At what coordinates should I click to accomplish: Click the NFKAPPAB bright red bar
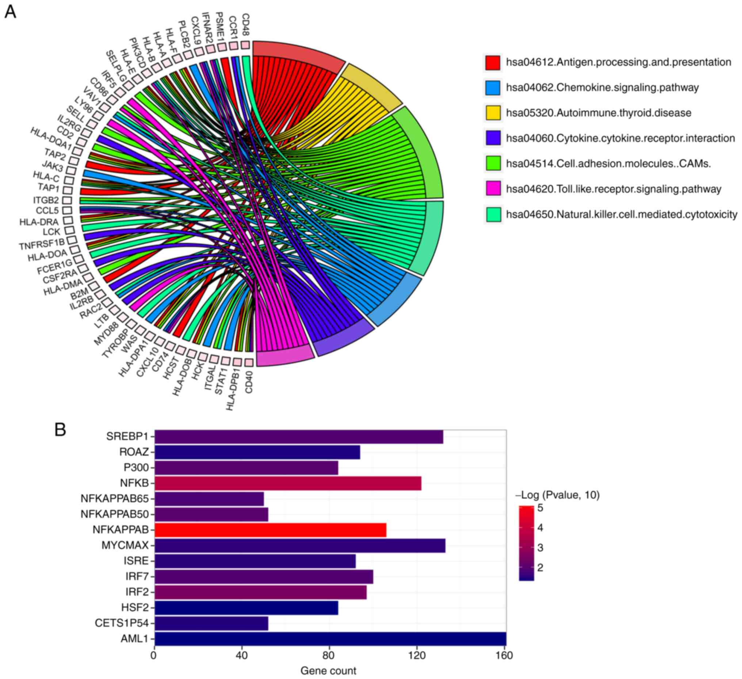coord(271,530)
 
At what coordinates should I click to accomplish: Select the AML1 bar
coord(330,639)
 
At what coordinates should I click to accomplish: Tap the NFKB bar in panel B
coord(288,483)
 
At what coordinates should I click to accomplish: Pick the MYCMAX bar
coord(300,545)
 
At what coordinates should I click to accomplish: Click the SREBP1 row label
coord(127,436)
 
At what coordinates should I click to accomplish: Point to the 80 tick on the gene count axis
coord(329,656)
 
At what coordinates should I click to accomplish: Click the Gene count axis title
coord(328,671)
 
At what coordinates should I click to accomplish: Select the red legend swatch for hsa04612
coord(493,62)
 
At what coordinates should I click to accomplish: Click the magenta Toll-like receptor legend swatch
coord(493,189)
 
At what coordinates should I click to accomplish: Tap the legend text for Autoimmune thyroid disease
coord(598,113)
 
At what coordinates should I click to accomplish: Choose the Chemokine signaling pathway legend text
coord(602,88)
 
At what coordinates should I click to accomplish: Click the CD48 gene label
coord(245,24)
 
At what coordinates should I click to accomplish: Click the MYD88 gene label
coord(106,333)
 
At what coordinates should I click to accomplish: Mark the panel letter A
coord(10,12)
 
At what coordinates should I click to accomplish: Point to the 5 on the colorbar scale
coord(540,508)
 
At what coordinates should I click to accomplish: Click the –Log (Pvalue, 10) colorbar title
coord(557,495)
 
